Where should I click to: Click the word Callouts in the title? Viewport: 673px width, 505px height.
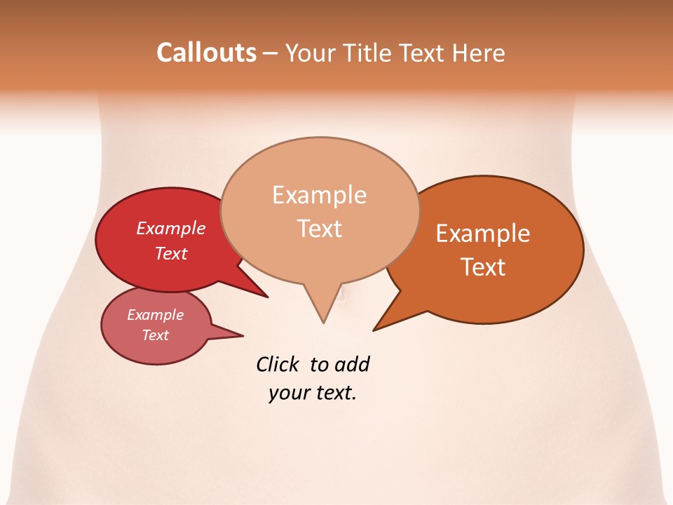pos(206,53)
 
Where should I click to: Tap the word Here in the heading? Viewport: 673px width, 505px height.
pos(479,53)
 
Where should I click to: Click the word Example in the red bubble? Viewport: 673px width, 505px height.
pos(170,228)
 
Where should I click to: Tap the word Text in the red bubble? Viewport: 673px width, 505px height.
pos(170,253)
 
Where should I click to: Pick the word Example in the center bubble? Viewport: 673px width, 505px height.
pos(319,195)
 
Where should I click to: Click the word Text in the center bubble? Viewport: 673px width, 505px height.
pos(319,228)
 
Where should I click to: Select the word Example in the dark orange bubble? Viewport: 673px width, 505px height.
pos(483,233)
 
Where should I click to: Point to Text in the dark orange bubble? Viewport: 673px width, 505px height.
pos(483,267)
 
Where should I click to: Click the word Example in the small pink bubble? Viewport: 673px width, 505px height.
pos(155,315)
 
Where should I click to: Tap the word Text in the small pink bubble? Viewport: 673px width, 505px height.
pos(155,335)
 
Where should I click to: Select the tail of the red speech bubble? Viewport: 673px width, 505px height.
pos(263,294)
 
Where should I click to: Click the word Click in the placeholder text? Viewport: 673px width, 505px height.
pos(278,364)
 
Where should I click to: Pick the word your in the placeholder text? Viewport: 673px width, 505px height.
pos(287,393)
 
